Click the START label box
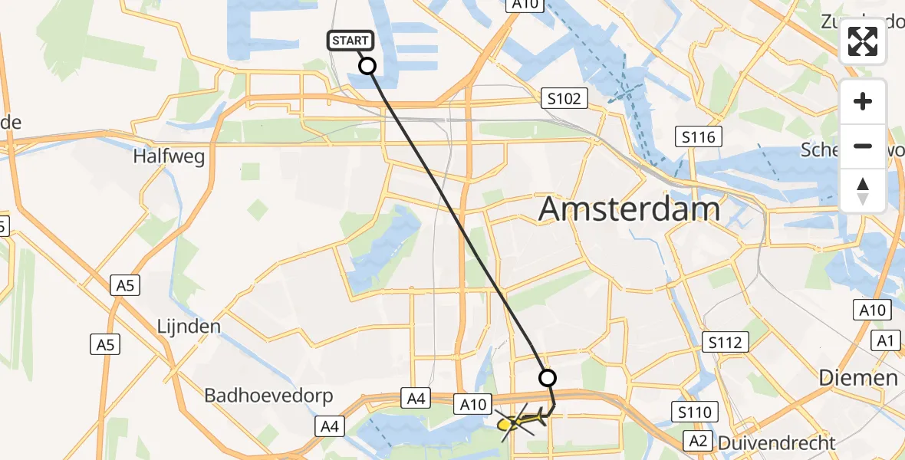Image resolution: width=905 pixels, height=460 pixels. click(351, 41)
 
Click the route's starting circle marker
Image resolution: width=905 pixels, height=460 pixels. click(368, 66)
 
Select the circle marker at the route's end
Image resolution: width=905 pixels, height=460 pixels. click(548, 377)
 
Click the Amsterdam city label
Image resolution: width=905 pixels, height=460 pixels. click(630, 209)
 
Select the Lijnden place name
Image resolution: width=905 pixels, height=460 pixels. click(187, 327)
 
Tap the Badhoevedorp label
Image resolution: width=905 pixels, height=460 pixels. click(268, 396)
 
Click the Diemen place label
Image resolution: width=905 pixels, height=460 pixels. click(857, 377)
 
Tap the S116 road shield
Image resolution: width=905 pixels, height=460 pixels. click(699, 137)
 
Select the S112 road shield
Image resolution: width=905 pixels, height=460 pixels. click(725, 341)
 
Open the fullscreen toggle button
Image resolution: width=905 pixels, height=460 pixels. click(863, 41)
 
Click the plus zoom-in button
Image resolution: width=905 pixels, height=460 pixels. click(863, 101)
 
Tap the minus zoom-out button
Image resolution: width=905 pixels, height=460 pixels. click(863, 146)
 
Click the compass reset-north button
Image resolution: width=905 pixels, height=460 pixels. click(863, 190)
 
